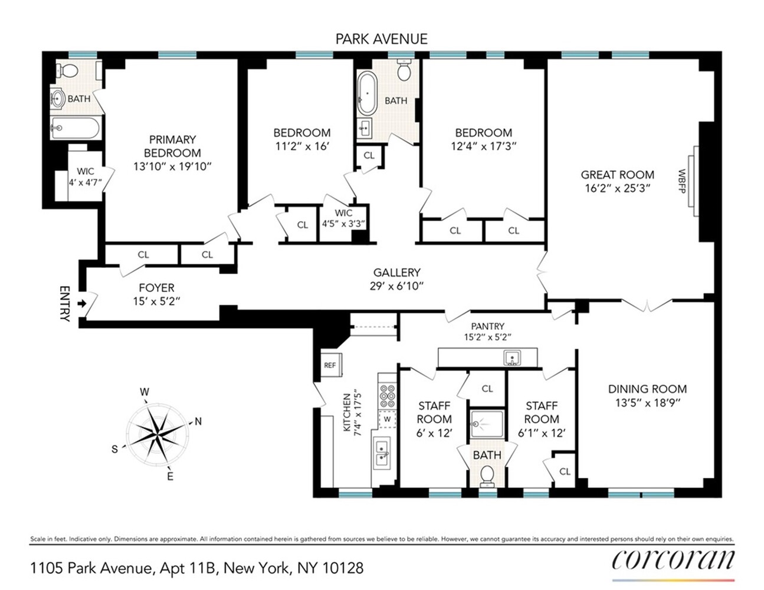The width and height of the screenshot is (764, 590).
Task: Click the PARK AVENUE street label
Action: (381, 39)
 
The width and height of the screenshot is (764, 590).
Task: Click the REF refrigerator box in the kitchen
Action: (330, 365)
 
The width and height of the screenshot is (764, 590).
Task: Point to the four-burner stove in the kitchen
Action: (387, 396)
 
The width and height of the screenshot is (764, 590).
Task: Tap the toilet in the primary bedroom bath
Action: (69, 71)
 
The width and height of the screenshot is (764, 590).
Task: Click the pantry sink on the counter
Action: (511, 358)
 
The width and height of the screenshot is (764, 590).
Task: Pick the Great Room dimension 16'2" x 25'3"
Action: (617, 188)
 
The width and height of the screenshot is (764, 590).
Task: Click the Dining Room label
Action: (647, 389)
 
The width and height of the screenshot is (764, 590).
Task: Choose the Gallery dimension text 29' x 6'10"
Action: (396, 286)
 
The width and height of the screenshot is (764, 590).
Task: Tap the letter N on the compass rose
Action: (198, 421)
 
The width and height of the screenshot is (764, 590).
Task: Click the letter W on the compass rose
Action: (144, 392)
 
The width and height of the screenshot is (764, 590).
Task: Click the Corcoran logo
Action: (673, 559)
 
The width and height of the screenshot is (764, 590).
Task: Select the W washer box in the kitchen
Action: (387, 419)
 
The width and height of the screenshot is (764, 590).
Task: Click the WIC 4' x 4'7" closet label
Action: (86, 177)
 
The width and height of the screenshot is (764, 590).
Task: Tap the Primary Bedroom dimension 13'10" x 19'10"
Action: (172, 166)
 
